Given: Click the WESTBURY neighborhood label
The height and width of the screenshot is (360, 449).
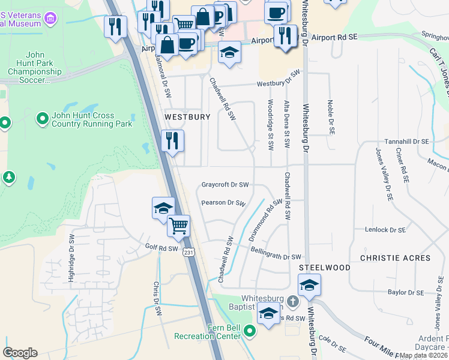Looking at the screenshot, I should pyautogui.click(x=187, y=117).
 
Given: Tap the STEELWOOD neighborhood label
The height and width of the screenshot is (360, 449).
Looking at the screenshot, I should pyautogui.click(x=325, y=268).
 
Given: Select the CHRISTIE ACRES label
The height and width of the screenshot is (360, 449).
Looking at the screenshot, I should pyautogui.click(x=395, y=258).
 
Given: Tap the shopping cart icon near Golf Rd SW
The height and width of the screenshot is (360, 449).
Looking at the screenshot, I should pyautogui.click(x=178, y=226).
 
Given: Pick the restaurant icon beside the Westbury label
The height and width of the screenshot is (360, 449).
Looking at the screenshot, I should pyautogui.click(x=172, y=141).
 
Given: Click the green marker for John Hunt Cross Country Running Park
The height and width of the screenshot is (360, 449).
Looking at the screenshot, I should pyautogui.click(x=42, y=118).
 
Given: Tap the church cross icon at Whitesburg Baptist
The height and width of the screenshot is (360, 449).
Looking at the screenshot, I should pyautogui.click(x=292, y=301).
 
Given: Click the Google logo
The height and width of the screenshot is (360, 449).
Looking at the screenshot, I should pyautogui.click(x=20, y=353).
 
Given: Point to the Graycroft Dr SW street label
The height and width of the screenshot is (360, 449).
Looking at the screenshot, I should pyautogui.click(x=225, y=185).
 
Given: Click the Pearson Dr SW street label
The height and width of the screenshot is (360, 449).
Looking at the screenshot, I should pyautogui.click(x=224, y=203).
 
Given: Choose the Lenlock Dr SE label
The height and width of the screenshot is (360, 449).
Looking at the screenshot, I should pyautogui.click(x=385, y=230).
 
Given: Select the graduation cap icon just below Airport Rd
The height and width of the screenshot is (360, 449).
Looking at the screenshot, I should pyautogui.click(x=229, y=52).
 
